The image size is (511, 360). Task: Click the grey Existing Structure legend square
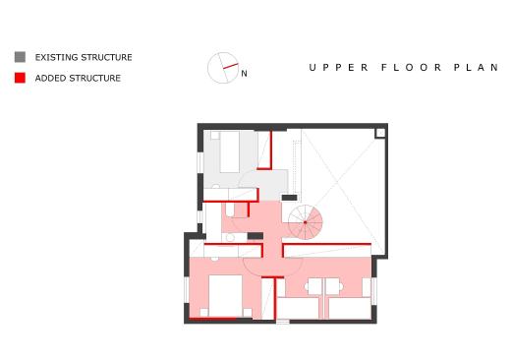20,57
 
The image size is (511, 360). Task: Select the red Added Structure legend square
20,78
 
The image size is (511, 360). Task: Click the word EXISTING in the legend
57,57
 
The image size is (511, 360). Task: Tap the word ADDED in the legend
51,78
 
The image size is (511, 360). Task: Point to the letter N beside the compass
244,74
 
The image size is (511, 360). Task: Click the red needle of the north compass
231,66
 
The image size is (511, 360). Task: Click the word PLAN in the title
476,68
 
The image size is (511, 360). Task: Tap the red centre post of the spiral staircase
306,222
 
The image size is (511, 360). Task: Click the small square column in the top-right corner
380,133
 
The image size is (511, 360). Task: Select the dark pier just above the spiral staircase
290,198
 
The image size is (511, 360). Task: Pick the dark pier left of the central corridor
255,236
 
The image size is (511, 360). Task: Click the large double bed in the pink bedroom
225,296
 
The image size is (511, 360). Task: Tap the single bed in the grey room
230,151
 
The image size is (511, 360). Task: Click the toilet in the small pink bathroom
230,210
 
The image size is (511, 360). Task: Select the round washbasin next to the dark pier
230,237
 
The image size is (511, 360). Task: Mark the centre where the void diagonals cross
338,182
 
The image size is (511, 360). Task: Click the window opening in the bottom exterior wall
283,322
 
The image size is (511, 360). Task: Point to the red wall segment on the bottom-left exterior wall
213,318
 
